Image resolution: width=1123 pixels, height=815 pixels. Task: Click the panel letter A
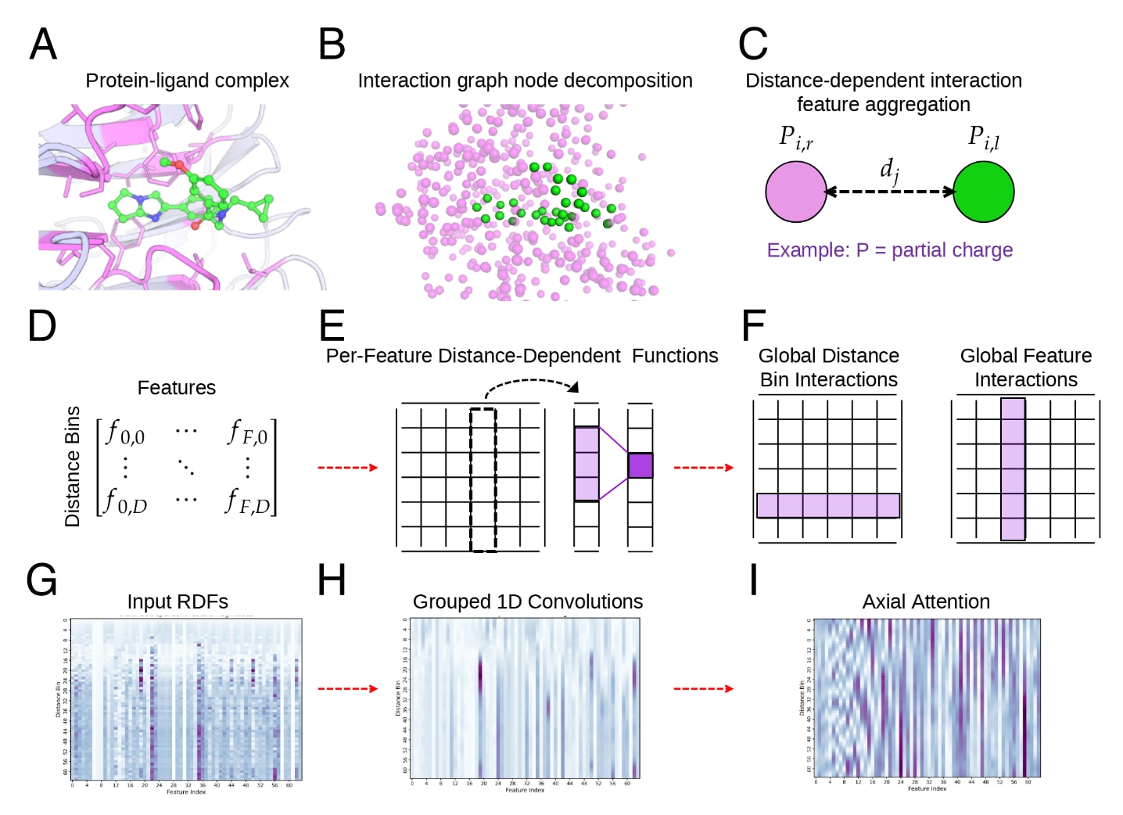[43, 44]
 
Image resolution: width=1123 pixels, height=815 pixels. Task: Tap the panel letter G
[41, 581]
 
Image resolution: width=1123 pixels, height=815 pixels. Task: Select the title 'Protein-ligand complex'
[187, 81]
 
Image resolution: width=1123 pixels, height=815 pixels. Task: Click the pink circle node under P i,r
[795, 192]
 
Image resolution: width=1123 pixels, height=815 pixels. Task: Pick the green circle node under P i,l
[983, 192]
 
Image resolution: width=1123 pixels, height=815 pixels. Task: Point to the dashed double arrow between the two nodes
[889, 192]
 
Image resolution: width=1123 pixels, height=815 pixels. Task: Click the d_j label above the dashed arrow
[889, 170]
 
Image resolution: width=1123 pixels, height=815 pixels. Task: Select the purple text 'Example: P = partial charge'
[889, 250]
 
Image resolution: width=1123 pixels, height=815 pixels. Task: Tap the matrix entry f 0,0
[125, 433]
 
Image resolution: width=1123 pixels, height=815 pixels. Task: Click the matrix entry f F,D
[248, 501]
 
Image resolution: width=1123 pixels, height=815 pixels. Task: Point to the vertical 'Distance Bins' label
[73, 466]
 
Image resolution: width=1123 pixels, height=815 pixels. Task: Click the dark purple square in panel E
[640, 465]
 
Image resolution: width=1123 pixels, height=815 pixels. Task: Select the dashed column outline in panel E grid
[483, 479]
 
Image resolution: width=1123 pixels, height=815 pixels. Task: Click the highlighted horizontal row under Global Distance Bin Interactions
[827, 505]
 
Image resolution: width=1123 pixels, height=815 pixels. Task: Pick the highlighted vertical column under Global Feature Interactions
[1013, 469]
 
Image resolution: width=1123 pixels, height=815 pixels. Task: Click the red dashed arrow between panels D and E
[347, 468]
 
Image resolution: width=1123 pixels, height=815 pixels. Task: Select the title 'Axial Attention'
[926, 601]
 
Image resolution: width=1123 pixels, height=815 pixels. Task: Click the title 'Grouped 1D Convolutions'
[527, 601]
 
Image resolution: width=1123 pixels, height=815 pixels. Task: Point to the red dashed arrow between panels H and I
[703, 688]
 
